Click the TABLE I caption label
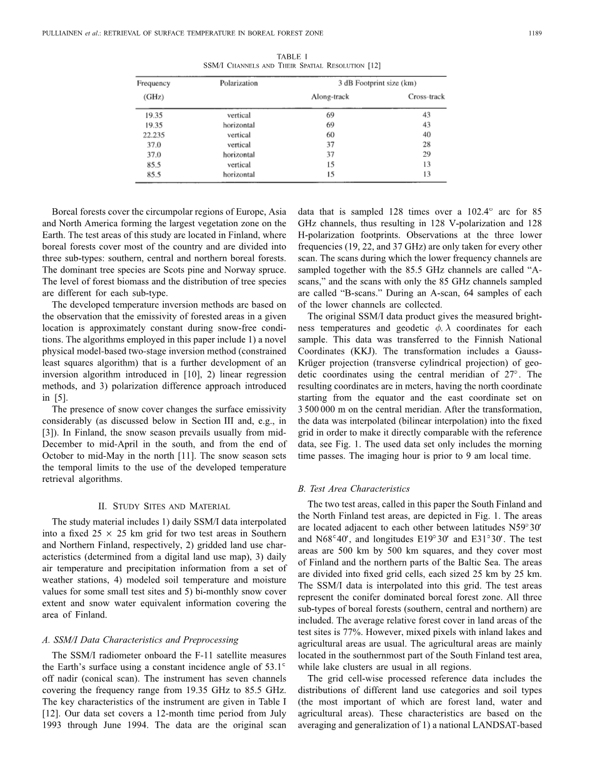click(x=292, y=56)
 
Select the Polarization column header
click(x=239, y=83)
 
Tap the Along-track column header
click(x=330, y=97)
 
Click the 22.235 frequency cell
click(x=150, y=134)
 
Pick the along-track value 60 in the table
click(x=330, y=134)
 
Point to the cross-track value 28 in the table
click(x=426, y=144)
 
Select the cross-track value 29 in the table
click(x=426, y=154)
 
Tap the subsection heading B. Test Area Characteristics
click(x=354, y=489)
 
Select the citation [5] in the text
click(x=61, y=397)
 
